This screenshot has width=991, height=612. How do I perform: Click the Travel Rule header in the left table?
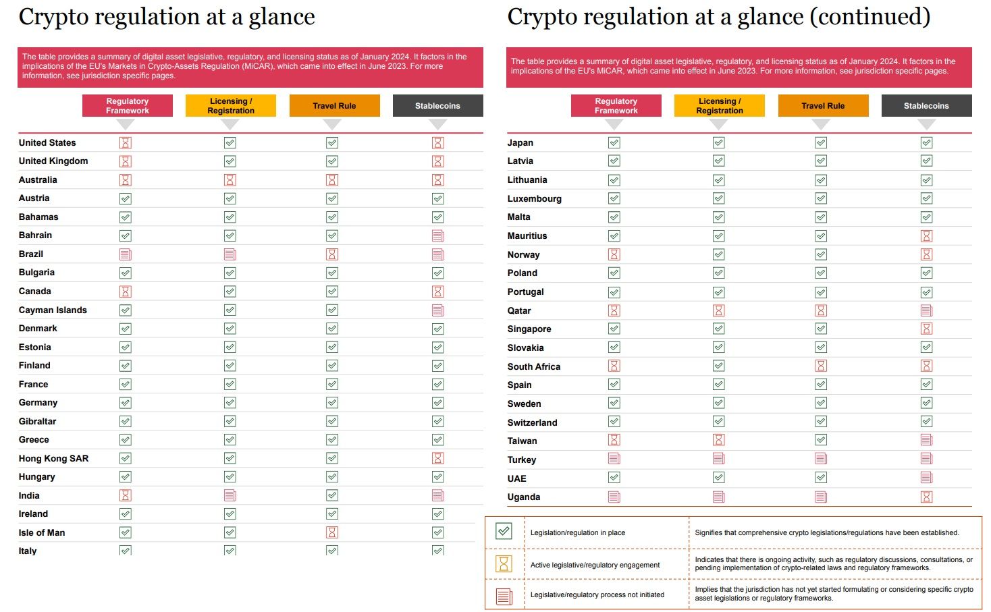pyautogui.click(x=334, y=106)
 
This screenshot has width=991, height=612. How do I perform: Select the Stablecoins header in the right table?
pyautogui.click(x=926, y=106)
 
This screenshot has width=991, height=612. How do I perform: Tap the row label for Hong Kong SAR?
pyautogui.click(x=53, y=458)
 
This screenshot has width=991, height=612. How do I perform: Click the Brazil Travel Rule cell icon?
pyautogui.click(x=332, y=254)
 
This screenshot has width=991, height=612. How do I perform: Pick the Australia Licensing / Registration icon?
pyautogui.click(x=230, y=180)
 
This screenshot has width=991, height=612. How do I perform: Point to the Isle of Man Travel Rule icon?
pyautogui.click(x=332, y=532)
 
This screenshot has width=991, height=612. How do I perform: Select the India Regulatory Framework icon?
pyautogui.click(x=126, y=495)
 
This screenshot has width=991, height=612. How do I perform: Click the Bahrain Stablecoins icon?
pyautogui.click(x=438, y=235)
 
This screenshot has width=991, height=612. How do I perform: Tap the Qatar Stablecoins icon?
pyautogui.click(x=927, y=310)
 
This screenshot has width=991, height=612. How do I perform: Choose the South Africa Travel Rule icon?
pyautogui.click(x=821, y=366)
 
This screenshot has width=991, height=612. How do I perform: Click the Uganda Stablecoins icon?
pyautogui.click(x=927, y=497)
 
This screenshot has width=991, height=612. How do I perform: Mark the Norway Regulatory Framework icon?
pyautogui.click(x=614, y=254)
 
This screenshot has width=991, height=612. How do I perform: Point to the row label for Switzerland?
pyautogui.click(x=532, y=422)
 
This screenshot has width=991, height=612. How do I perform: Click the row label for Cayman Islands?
pyautogui.click(x=53, y=310)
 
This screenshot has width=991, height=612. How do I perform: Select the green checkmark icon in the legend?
pyautogui.click(x=504, y=532)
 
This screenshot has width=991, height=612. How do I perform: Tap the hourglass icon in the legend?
pyautogui.click(x=504, y=563)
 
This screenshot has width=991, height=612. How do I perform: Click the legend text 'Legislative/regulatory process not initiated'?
pyautogui.click(x=597, y=594)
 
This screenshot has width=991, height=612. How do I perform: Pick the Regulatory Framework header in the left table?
pyautogui.click(x=127, y=106)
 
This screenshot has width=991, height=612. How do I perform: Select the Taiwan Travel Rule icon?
pyautogui.click(x=821, y=440)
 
